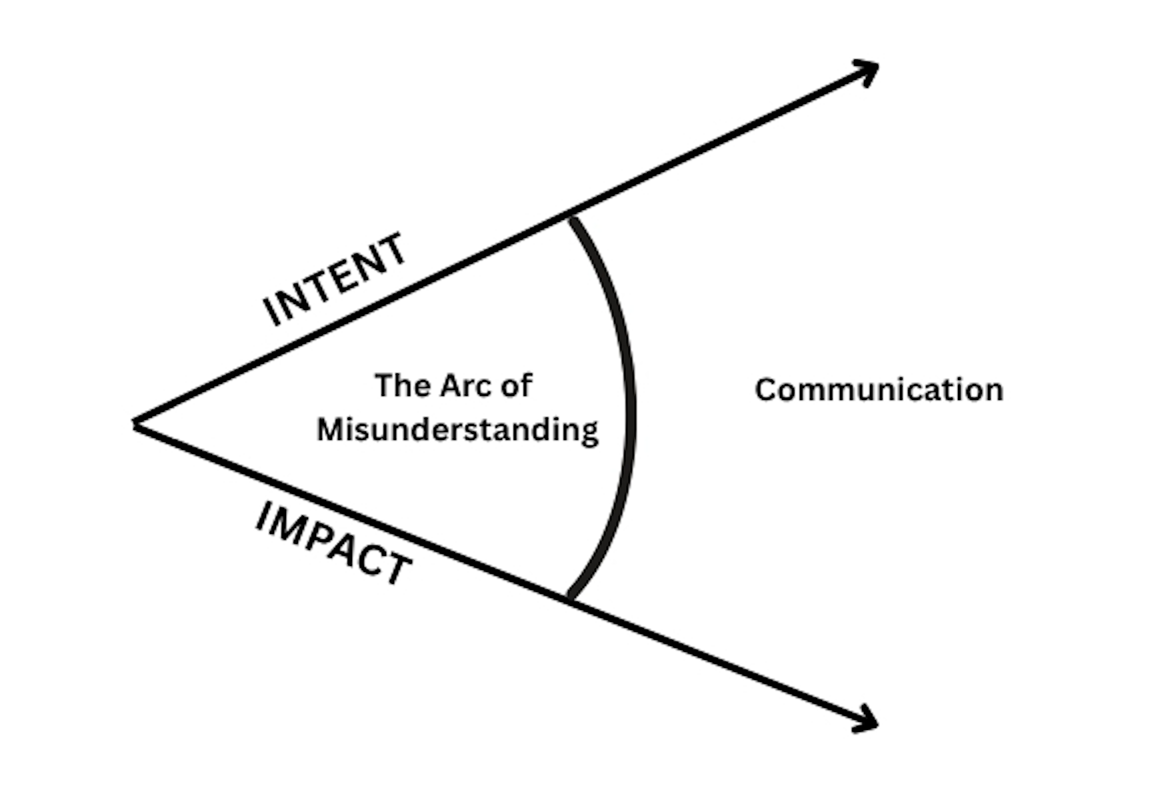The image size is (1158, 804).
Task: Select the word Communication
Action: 879,390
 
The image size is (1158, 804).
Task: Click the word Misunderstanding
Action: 458,430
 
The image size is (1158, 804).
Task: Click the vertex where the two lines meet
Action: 135,424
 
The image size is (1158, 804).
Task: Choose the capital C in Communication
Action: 767,390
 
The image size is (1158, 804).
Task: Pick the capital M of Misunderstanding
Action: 331,430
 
